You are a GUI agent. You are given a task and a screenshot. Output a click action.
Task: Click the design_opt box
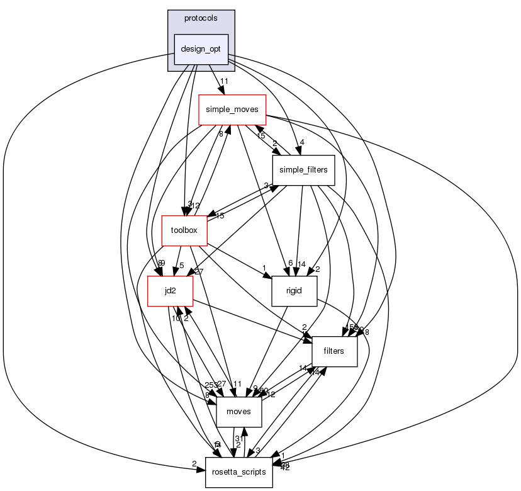tap(201, 48)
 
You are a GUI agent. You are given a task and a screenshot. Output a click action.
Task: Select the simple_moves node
tap(232, 110)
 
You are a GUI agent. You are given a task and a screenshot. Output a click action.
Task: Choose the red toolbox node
tap(184, 230)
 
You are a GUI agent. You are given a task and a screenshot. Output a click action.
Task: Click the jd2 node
tap(160, 291)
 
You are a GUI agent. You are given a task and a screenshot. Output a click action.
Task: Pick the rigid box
tap(293, 291)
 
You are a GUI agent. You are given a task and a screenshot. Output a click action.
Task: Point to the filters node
tap(334, 351)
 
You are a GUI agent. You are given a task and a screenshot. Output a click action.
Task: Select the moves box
tap(238, 411)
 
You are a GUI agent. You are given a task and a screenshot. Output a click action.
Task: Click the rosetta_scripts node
tap(238, 471)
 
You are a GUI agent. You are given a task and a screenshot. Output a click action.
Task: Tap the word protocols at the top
tap(201, 18)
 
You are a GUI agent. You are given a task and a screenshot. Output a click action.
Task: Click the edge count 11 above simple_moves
tap(223, 81)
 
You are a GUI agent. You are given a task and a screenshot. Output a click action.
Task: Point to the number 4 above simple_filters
tap(302, 142)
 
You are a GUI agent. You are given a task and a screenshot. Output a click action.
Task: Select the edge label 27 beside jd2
tap(199, 271)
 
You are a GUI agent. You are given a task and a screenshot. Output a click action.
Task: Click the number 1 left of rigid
tap(266, 267)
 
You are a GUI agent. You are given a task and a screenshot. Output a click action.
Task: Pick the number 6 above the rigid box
tap(290, 264)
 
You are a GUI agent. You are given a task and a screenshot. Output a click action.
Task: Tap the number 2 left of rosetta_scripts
tap(194, 464)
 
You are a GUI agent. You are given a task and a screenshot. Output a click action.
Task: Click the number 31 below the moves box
tap(238, 438)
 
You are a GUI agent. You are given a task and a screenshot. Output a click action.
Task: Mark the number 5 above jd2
tap(181, 265)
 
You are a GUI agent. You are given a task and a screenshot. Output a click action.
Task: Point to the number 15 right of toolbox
tap(220, 217)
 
